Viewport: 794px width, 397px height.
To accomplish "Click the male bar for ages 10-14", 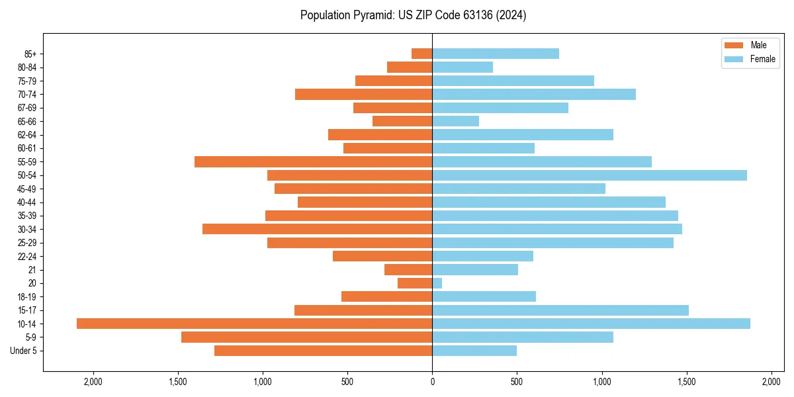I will pyautogui.click(x=254, y=324).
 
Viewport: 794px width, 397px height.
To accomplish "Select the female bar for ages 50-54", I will pyautogui.click(x=590, y=175).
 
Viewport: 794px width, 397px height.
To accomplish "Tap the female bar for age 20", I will pyautogui.click(x=437, y=283).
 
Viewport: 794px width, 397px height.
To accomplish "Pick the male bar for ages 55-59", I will pyautogui.click(x=313, y=161).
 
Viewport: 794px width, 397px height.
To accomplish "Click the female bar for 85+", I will pyautogui.click(x=496, y=54).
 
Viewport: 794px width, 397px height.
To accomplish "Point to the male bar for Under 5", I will pyautogui.click(x=323, y=351).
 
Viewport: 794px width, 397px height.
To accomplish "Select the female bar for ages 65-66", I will pyautogui.click(x=455, y=121).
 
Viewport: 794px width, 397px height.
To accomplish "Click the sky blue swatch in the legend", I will pyautogui.click(x=734, y=59).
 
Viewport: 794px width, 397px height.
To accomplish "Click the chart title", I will pyautogui.click(x=413, y=15).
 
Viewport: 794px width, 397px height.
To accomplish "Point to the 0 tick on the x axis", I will pyautogui.click(x=432, y=382).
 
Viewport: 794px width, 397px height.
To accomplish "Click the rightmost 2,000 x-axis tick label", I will pyautogui.click(x=772, y=382).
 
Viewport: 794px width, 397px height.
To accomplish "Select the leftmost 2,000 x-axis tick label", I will pyautogui.click(x=93, y=382).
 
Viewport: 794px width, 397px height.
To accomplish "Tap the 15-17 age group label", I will pyautogui.click(x=27, y=310).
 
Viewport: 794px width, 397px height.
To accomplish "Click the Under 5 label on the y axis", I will pyautogui.click(x=24, y=351).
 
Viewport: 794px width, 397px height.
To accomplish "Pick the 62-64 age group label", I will pyautogui.click(x=27, y=135).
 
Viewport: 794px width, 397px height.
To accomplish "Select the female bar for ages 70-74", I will pyautogui.click(x=533, y=94).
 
